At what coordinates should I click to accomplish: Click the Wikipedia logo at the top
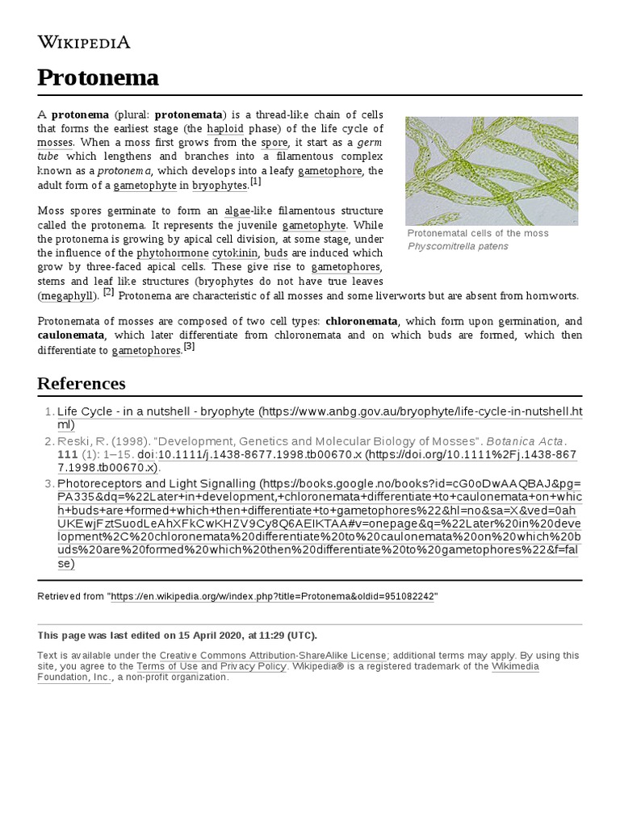[83, 42]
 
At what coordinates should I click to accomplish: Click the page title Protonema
[98, 78]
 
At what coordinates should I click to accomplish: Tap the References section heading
[82, 383]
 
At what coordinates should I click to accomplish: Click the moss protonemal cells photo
[492, 170]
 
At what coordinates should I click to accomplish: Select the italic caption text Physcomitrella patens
[458, 246]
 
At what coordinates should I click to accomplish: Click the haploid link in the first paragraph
[225, 128]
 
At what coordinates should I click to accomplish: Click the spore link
[274, 142]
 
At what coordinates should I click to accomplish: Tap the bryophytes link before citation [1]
[219, 186]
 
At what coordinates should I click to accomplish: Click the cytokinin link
[236, 252]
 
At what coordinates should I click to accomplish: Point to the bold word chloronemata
[361, 321]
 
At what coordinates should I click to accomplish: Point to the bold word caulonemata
[71, 335]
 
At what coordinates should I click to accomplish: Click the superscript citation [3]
[189, 347]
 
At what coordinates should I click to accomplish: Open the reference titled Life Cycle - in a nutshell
[156, 411]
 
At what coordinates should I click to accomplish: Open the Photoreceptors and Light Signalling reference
[156, 484]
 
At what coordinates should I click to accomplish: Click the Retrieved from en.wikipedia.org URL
[273, 596]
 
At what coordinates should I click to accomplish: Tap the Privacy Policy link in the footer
[253, 666]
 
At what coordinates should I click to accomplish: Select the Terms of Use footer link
[167, 666]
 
